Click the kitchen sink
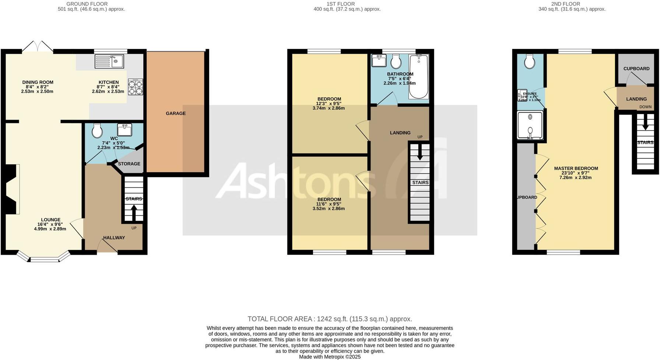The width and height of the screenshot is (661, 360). tap(109, 61)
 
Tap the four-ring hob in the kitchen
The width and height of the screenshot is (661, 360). tap(135, 88)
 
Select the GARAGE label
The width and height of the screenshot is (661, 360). tap(176, 113)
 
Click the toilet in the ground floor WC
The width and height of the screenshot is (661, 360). tap(97, 130)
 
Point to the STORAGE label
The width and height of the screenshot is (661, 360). tap(129, 164)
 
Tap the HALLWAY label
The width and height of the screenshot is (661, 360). tap(114, 238)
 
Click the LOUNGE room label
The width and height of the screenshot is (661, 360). tap(51, 220)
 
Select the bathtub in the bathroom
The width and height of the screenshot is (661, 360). tap(419, 77)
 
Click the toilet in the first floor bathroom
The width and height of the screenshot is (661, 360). tap(396, 61)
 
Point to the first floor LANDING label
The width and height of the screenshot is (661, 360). tap(400, 133)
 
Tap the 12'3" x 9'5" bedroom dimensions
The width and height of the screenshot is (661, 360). tap(329, 104)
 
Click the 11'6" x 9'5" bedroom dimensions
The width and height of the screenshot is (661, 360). tap(329, 204)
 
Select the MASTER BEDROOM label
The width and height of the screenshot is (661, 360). tap(576, 169)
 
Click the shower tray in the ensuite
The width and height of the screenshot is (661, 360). tap(530, 125)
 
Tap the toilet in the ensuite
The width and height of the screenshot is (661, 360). tap(530, 62)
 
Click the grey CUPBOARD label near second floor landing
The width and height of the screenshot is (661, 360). tap(636, 69)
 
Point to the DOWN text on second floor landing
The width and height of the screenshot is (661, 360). tap(645, 107)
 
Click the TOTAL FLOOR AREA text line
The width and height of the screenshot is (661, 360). tap(330, 319)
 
